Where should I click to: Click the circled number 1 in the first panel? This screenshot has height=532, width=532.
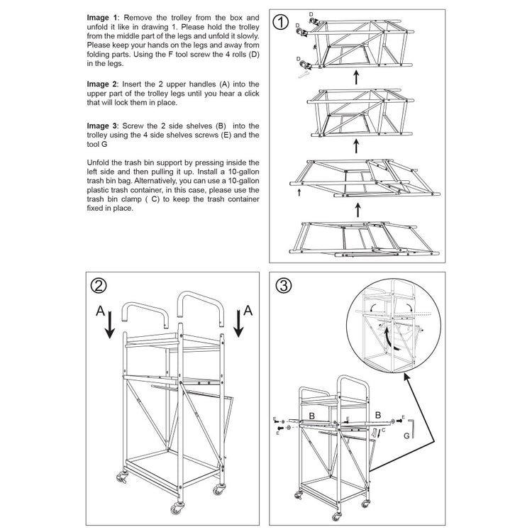point(282,23)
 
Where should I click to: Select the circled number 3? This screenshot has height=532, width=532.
point(283,285)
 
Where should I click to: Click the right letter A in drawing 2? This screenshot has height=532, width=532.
point(248,310)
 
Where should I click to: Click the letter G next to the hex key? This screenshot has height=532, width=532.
point(406,437)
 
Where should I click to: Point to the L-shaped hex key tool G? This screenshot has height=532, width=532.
point(415,428)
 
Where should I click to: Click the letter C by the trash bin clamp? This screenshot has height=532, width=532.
point(382,430)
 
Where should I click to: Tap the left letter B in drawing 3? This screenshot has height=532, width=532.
point(311,415)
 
